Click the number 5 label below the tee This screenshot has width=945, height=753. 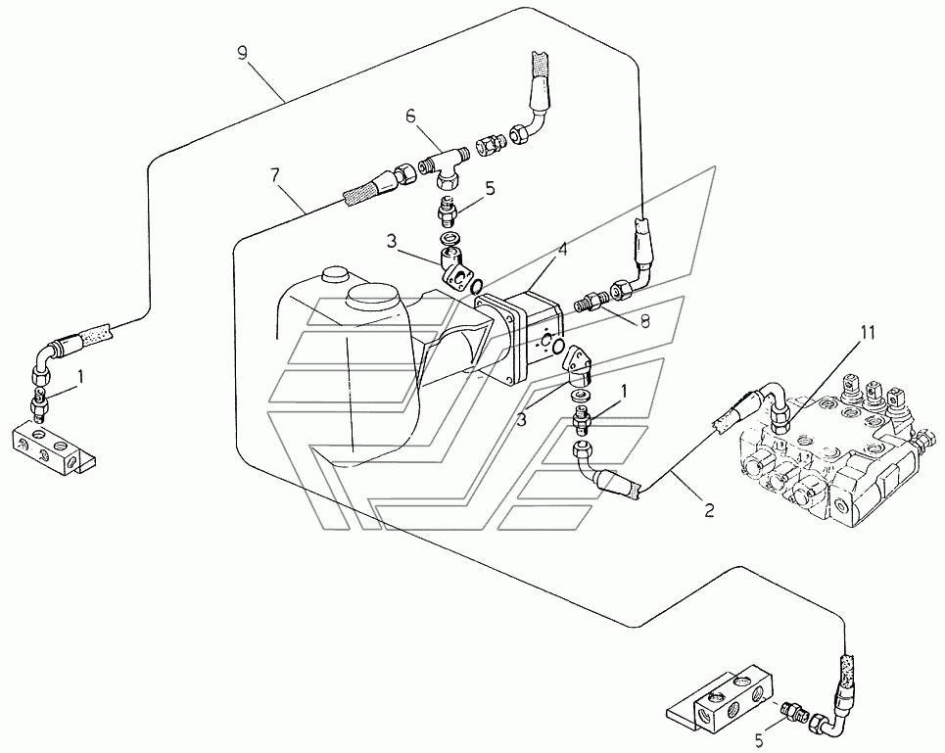pyautogui.click(x=491, y=189)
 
